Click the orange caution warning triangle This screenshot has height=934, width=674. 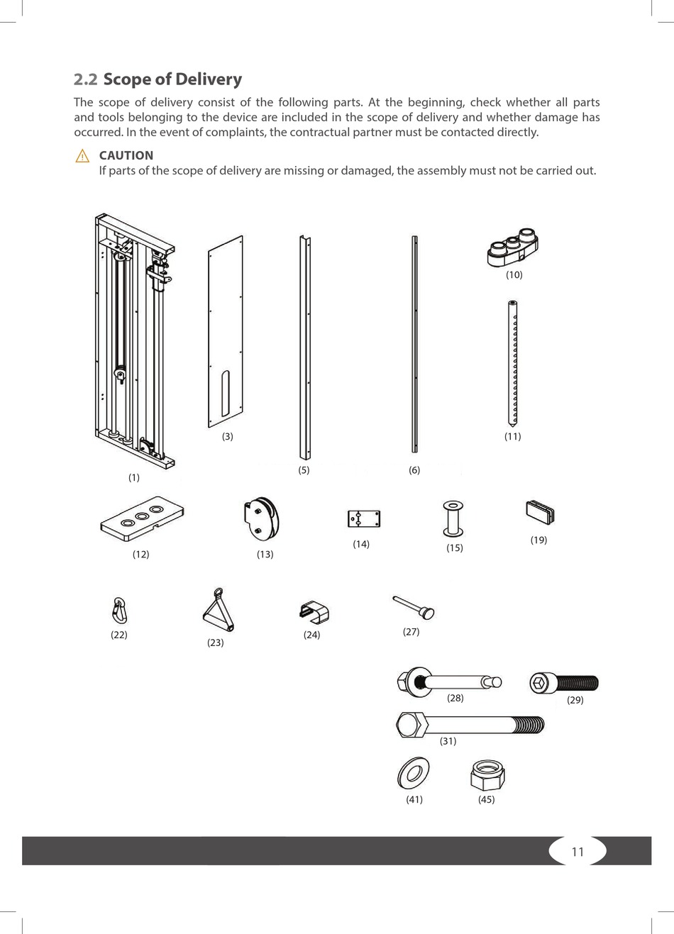pyautogui.click(x=82, y=156)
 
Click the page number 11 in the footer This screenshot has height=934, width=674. pyautogui.click(x=578, y=852)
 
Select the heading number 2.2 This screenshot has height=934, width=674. pyautogui.click(x=86, y=79)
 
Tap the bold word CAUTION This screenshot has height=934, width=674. pyautogui.click(x=126, y=155)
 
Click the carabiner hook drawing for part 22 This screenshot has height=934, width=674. pyautogui.click(x=119, y=610)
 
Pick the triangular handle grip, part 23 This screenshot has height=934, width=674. pyautogui.click(x=218, y=609)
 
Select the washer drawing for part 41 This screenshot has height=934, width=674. pyautogui.click(x=414, y=773)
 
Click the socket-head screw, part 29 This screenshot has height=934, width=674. pyautogui.click(x=565, y=683)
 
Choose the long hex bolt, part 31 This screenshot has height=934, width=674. pyautogui.click(x=470, y=725)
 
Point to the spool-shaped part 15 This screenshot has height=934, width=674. pyautogui.click(x=453, y=520)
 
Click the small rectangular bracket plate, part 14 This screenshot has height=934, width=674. pyautogui.click(x=364, y=519)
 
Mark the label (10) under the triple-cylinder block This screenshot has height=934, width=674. pyautogui.click(x=514, y=275)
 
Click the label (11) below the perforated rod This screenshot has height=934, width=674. pyautogui.click(x=512, y=437)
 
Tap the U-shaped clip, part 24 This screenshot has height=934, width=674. pyautogui.click(x=315, y=612)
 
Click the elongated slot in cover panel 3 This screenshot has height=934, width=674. pyautogui.click(x=225, y=394)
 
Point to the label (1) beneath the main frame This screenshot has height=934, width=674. pyautogui.click(x=133, y=478)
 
